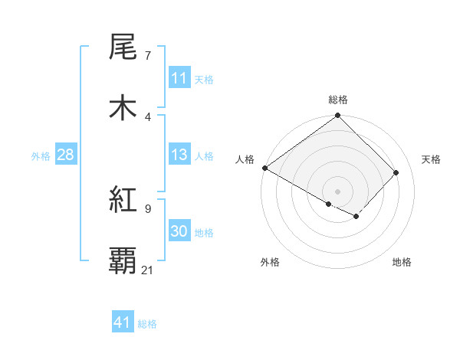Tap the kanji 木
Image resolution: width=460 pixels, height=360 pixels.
(x=123, y=106)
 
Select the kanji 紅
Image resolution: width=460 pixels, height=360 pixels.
(x=123, y=201)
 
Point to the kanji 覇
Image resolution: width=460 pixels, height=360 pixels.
(x=123, y=260)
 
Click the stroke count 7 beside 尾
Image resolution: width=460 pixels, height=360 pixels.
(x=147, y=57)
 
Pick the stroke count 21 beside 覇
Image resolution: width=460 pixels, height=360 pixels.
(x=148, y=270)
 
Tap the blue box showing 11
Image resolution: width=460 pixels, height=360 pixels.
(x=179, y=79)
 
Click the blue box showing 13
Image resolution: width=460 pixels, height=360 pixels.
(x=179, y=155)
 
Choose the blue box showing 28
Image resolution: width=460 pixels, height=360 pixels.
(x=65, y=155)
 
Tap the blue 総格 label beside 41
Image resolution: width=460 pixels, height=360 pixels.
(x=147, y=324)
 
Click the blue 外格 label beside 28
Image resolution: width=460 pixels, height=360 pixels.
(x=41, y=156)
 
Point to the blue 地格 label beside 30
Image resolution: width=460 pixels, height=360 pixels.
(x=204, y=233)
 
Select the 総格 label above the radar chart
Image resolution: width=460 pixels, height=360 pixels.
(x=338, y=100)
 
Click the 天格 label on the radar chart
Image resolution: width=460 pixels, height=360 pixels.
(x=431, y=159)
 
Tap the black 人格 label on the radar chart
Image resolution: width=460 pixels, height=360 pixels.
(x=245, y=159)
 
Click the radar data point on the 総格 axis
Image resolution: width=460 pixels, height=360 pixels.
(x=337, y=116)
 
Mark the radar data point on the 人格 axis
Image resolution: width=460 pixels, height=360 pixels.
(x=265, y=168)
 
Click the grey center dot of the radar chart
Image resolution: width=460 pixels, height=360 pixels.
(x=337, y=191)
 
